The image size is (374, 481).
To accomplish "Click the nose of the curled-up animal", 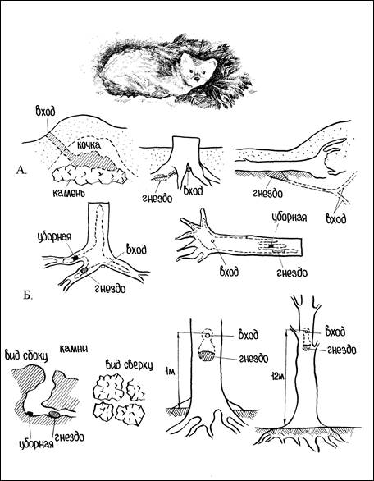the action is [197, 79].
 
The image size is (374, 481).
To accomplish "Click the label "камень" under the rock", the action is [67, 193].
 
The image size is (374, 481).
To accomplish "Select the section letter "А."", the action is [22, 170].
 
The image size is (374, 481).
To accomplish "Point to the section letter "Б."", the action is [28, 296].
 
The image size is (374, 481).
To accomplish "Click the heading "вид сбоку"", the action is [27, 356].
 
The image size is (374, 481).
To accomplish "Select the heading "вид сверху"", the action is [129, 365].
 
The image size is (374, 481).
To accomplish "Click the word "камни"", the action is [74, 349].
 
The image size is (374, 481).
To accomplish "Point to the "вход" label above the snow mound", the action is [45, 112].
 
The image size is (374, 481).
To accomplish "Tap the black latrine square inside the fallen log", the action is [271, 246].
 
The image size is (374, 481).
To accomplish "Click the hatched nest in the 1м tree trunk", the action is [208, 355].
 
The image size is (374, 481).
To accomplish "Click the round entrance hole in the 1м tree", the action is [208, 335].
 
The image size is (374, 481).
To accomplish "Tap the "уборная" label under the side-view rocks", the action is [37, 443].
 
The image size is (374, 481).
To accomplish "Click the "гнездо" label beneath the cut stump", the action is [157, 198].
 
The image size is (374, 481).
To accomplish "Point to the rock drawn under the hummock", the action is [89, 176].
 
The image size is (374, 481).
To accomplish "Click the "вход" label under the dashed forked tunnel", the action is [336, 219].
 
